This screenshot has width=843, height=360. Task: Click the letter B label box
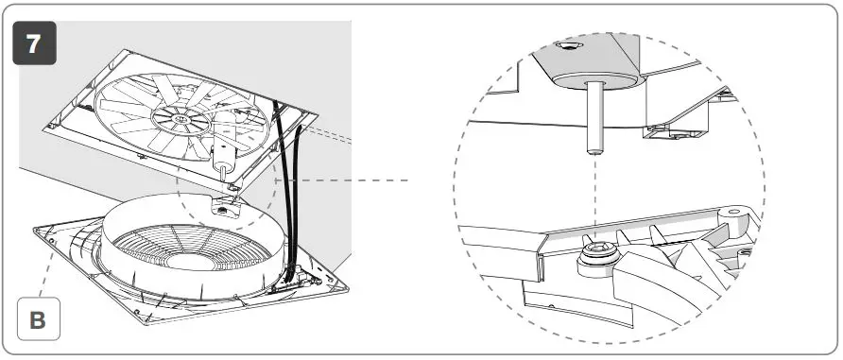(38, 318)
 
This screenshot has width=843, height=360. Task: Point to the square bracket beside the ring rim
(226, 206)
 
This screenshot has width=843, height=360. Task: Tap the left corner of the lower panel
(35, 229)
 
